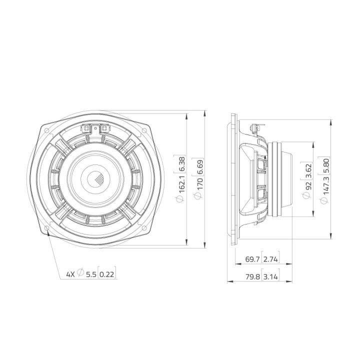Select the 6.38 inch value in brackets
(182, 165)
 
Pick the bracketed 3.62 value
(308, 170)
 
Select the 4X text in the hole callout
(71, 274)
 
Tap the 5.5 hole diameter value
(90, 274)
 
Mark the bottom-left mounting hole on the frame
(46, 229)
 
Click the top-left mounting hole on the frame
(46, 131)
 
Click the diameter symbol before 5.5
(80, 274)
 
